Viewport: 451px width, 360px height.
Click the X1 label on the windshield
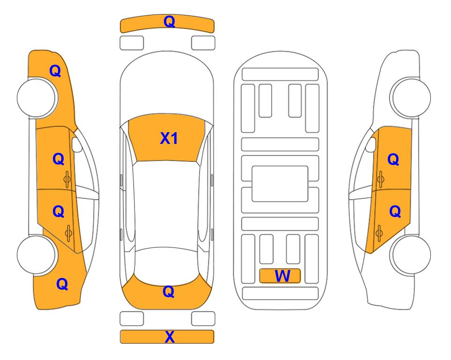coord(169,138)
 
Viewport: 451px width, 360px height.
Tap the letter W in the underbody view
coord(282,276)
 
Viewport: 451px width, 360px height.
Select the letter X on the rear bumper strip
coord(170,337)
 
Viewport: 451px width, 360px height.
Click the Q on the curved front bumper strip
coord(170,22)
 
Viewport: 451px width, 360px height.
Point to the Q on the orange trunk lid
coord(169,292)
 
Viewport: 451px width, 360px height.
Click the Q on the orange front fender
coord(55,71)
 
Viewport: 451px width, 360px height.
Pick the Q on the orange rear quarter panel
coord(62,284)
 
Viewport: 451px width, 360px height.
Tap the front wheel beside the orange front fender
coord(37,97)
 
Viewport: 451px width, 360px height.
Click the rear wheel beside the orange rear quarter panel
coord(37,255)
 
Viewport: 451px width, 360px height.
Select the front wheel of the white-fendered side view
coord(411,97)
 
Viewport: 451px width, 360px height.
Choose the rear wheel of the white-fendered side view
coord(411,255)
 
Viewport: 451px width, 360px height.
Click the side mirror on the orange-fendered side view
coord(77,144)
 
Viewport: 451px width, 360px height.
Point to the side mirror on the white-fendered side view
coord(371,144)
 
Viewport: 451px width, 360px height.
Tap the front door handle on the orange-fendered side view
coord(67,179)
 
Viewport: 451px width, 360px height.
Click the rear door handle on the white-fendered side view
coord(379,233)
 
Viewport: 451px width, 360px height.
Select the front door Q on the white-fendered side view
coord(393,159)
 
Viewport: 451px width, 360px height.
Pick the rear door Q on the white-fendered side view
coord(395,212)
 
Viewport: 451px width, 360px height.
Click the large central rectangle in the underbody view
coord(280,184)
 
